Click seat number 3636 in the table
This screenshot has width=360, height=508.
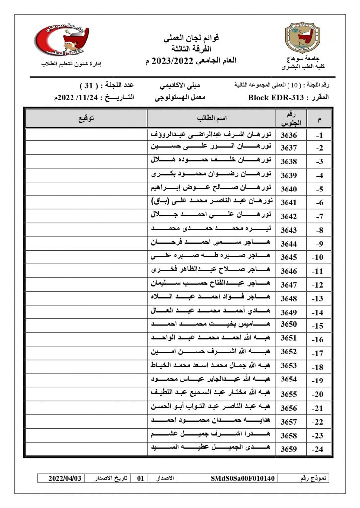pyautogui.click(x=289, y=135)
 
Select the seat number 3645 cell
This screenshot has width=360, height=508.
pyautogui.click(x=289, y=257)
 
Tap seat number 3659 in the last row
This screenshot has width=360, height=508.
pyautogui.click(x=289, y=449)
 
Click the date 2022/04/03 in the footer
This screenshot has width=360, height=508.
pyautogui.click(x=65, y=479)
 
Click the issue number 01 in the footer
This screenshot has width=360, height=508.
pyautogui.click(x=140, y=479)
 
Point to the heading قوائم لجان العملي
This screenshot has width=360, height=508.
pyautogui.click(x=191, y=38)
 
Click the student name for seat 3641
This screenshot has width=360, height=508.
pyautogui.click(x=212, y=202)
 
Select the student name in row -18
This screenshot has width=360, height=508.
pyautogui.click(x=212, y=367)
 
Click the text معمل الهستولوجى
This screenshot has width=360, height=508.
pyautogui.click(x=180, y=98)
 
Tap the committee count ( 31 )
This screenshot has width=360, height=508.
pyautogui.click(x=90, y=85)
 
